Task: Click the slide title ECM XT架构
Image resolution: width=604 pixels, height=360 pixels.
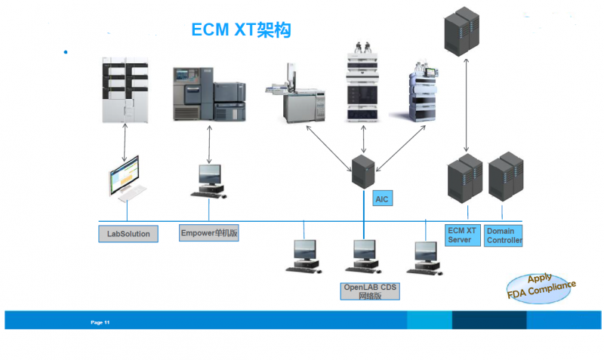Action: point(240,30)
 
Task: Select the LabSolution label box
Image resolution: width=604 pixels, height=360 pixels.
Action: point(128,234)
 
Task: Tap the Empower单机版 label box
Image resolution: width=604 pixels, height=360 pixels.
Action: point(209,233)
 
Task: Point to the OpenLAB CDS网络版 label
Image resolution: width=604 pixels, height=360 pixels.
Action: point(370,291)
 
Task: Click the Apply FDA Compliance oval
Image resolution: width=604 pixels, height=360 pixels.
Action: point(540,288)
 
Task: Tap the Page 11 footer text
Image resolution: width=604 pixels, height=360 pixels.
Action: point(100,322)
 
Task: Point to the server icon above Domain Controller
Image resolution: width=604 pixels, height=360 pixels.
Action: point(504,180)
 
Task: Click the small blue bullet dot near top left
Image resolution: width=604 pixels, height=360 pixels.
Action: point(66,52)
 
